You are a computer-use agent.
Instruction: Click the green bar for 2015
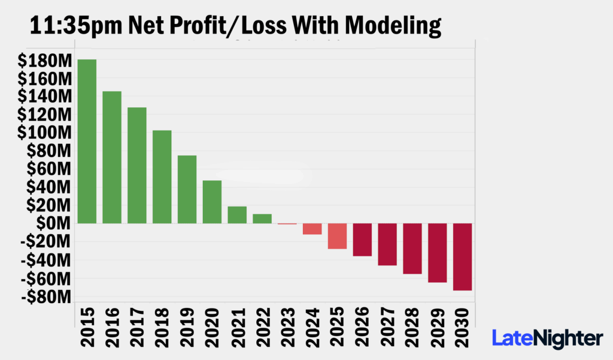point(87,141)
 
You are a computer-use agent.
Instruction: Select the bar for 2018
point(162,177)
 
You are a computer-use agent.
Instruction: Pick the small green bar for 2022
point(262,219)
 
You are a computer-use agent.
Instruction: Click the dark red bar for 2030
point(463,257)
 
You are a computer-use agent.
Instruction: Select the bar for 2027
point(387,244)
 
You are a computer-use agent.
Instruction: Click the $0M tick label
point(54,223)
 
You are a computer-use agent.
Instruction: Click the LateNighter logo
point(547,338)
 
